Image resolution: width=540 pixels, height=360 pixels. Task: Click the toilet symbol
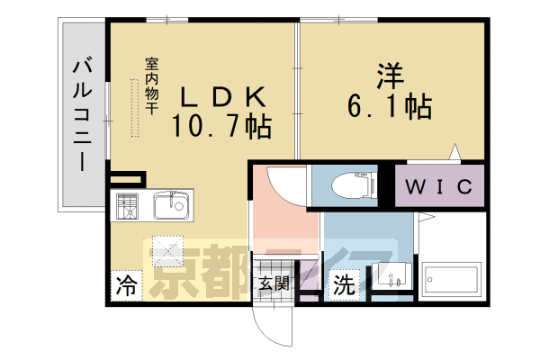(354, 186)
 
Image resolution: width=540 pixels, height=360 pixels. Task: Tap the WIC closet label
(439, 186)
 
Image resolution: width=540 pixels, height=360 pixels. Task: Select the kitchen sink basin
(171, 205)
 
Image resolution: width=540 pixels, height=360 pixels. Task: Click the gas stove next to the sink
(127, 206)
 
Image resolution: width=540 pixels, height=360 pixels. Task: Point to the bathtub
(452, 279)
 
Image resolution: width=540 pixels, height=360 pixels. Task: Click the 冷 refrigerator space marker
(126, 285)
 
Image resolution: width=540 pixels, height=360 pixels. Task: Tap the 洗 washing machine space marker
(344, 284)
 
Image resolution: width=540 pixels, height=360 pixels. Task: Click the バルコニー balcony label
(83, 115)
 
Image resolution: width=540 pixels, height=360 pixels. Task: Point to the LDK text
(223, 97)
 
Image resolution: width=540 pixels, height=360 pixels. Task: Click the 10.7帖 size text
(221, 126)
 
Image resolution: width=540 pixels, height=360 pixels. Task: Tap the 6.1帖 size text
(389, 106)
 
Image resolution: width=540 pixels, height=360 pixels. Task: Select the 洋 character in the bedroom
(391, 76)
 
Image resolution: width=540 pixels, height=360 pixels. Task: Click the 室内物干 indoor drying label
(151, 86)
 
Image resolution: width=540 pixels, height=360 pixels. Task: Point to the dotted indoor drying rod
(135, 108)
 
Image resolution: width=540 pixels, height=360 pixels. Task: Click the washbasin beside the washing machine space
(391, 276)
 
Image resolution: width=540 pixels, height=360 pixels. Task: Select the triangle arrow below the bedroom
(455, 151)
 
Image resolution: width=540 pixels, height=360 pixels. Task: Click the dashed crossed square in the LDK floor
(168, 251)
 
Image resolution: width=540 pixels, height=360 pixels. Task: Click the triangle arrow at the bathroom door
(426, 217)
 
